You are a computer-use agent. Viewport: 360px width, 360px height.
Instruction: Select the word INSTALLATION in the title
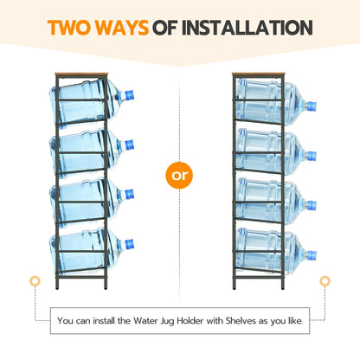[x=247, y=28]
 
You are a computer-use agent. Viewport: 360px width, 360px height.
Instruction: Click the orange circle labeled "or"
[x=179, y=175]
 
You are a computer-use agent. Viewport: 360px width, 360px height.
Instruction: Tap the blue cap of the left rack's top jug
[x=129, y=95]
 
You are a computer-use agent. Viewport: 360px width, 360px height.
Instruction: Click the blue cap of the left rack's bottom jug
[x=129, y=244]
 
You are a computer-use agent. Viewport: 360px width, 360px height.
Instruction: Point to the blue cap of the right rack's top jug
[x=311, y=106]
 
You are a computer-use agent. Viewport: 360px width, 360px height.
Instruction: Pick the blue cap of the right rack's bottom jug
[x=311, y=255]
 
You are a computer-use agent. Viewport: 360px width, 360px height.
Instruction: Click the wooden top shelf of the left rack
[x=81, y=74]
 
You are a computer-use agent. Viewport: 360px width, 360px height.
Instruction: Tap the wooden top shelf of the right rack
[x=259, y=74]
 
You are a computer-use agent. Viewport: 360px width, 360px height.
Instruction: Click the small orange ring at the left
[x=35, y=281]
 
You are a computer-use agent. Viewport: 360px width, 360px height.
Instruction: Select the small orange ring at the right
[x=325, y=281]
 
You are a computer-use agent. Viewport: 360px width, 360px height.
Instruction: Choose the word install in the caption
[x=104, y=321]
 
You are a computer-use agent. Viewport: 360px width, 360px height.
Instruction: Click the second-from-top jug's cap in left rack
[x=129, y=145]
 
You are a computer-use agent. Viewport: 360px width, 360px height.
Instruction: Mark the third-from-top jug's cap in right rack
[x=311, y=205]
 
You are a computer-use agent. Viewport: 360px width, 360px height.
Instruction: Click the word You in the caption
[x=65, y=321]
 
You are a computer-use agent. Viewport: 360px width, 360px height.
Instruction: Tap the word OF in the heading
[x=165, y=28]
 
